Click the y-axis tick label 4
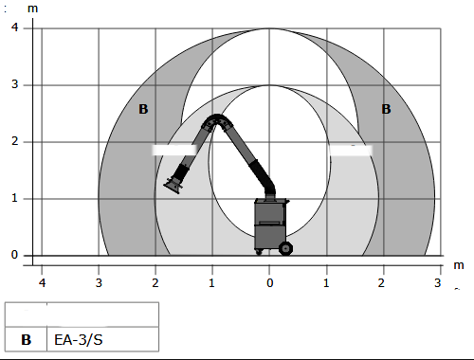pyautogui.click(x=14, y=27)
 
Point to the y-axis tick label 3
pyautogui.click(x=15, y=84)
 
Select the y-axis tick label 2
pyautogui.click(x=15, y=141)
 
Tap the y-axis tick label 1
pyautogui.click(x=14, y=198)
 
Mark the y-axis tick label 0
pyautogui.click(x=14, y=255)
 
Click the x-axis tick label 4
pyautogui.click(x=42, y=282)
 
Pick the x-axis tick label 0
pyautogui.click(x=269, y=283)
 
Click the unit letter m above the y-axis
pyautogui.click(x=32, y=9)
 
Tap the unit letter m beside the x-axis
pyautogui.click(x=459, y=265)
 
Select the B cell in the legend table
pyautogui.click(x=26, y=339)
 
